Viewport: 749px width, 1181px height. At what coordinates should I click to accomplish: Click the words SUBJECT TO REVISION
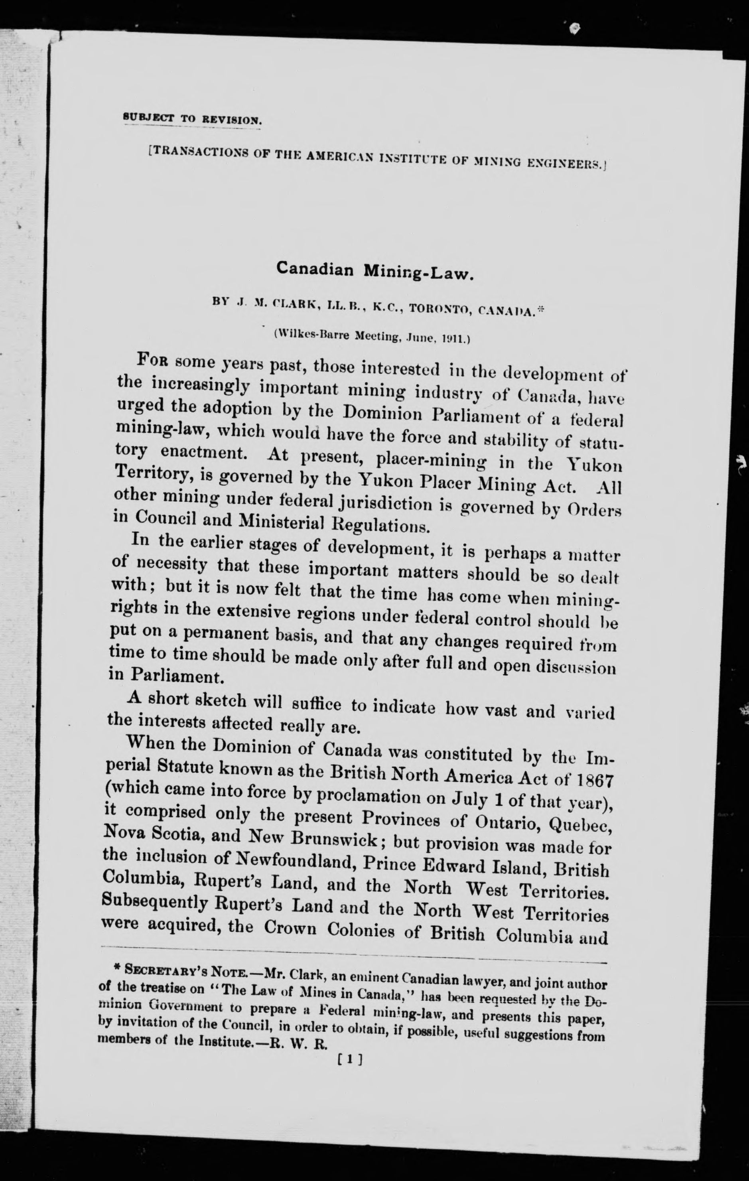[192, 119]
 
